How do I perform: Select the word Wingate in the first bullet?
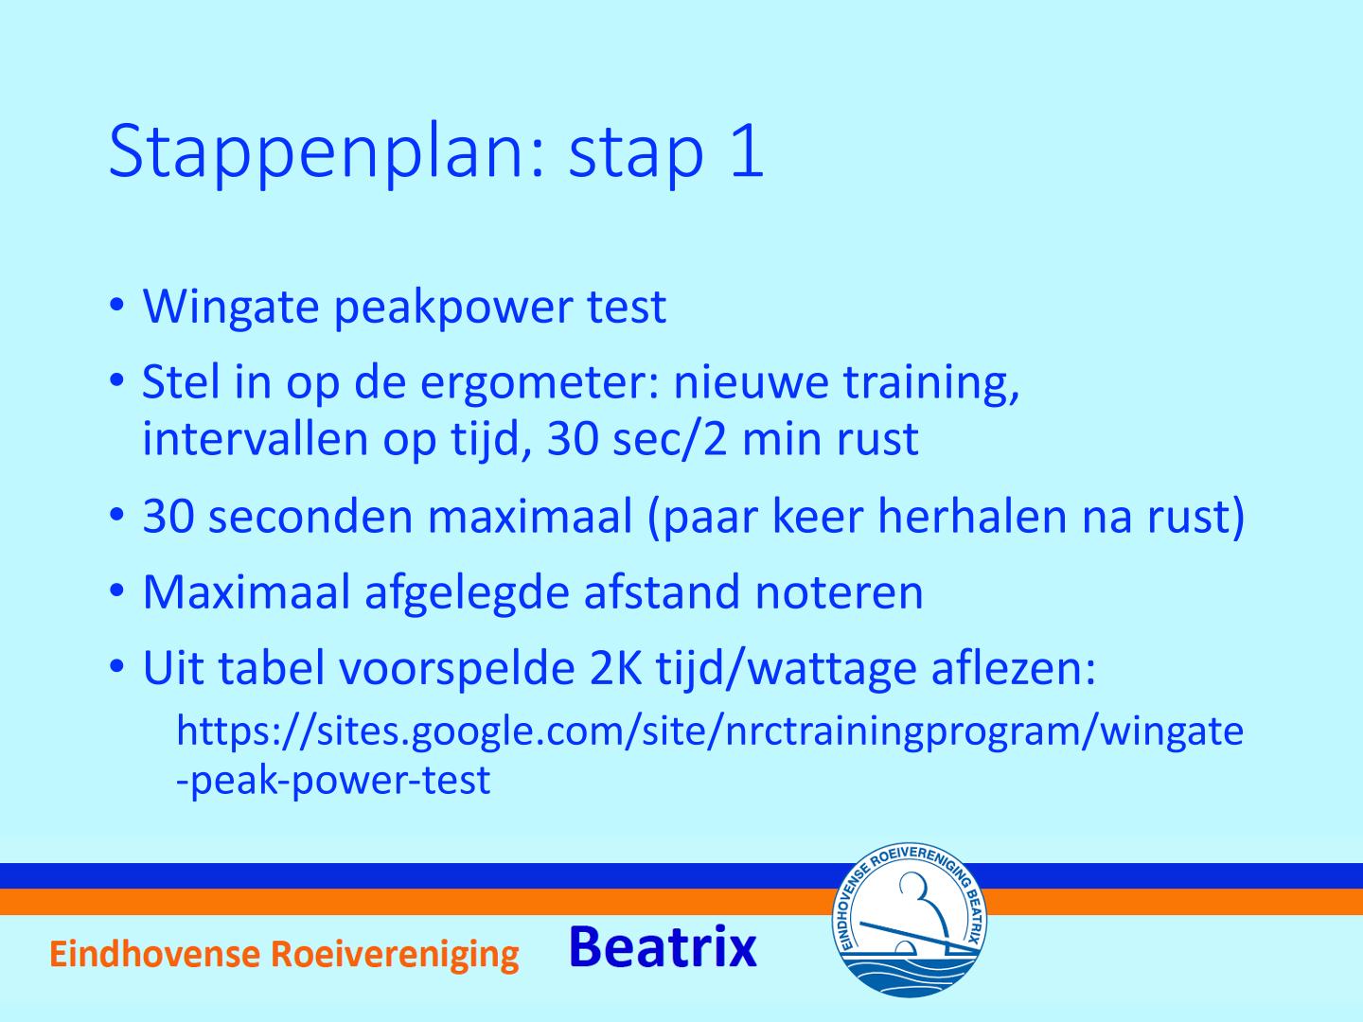[231, 308]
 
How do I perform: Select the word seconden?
[310, 517]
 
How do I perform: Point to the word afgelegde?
[467, 593]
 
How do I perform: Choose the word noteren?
[839, 593]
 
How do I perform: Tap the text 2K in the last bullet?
[615, 669]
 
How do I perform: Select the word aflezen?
[1013, 668]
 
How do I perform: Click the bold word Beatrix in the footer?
[663, 947]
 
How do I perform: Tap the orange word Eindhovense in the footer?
[154, 954]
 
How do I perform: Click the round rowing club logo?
[909, 920]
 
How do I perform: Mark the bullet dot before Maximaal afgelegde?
[116, 592]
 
